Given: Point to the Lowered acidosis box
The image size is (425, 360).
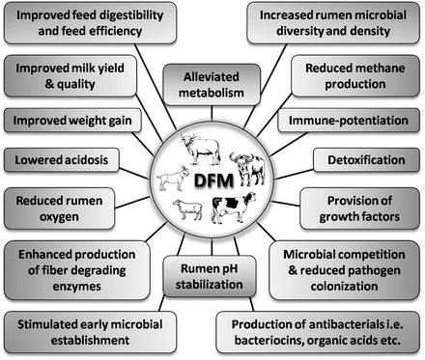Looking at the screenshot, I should point(59,157).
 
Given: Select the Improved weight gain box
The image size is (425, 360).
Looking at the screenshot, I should point(71,122).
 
